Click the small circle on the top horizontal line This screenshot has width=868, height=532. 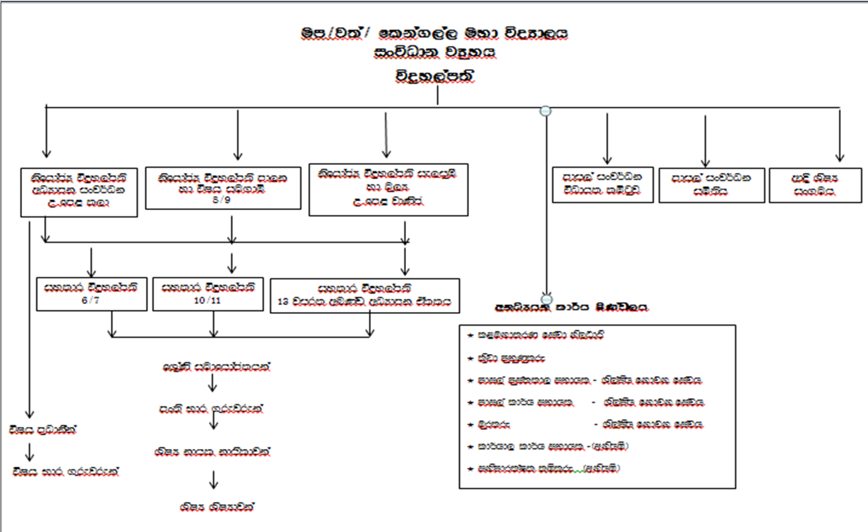click(546, 111)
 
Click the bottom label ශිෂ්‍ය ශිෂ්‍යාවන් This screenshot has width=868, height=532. click(217, 506)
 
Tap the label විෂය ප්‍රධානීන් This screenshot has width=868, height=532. click(43, 431)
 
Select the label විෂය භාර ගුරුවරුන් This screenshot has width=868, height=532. click(74, 470)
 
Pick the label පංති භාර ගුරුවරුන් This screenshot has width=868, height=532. click(210, 409)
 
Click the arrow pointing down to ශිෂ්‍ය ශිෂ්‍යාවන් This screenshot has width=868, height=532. click(213, 479)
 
